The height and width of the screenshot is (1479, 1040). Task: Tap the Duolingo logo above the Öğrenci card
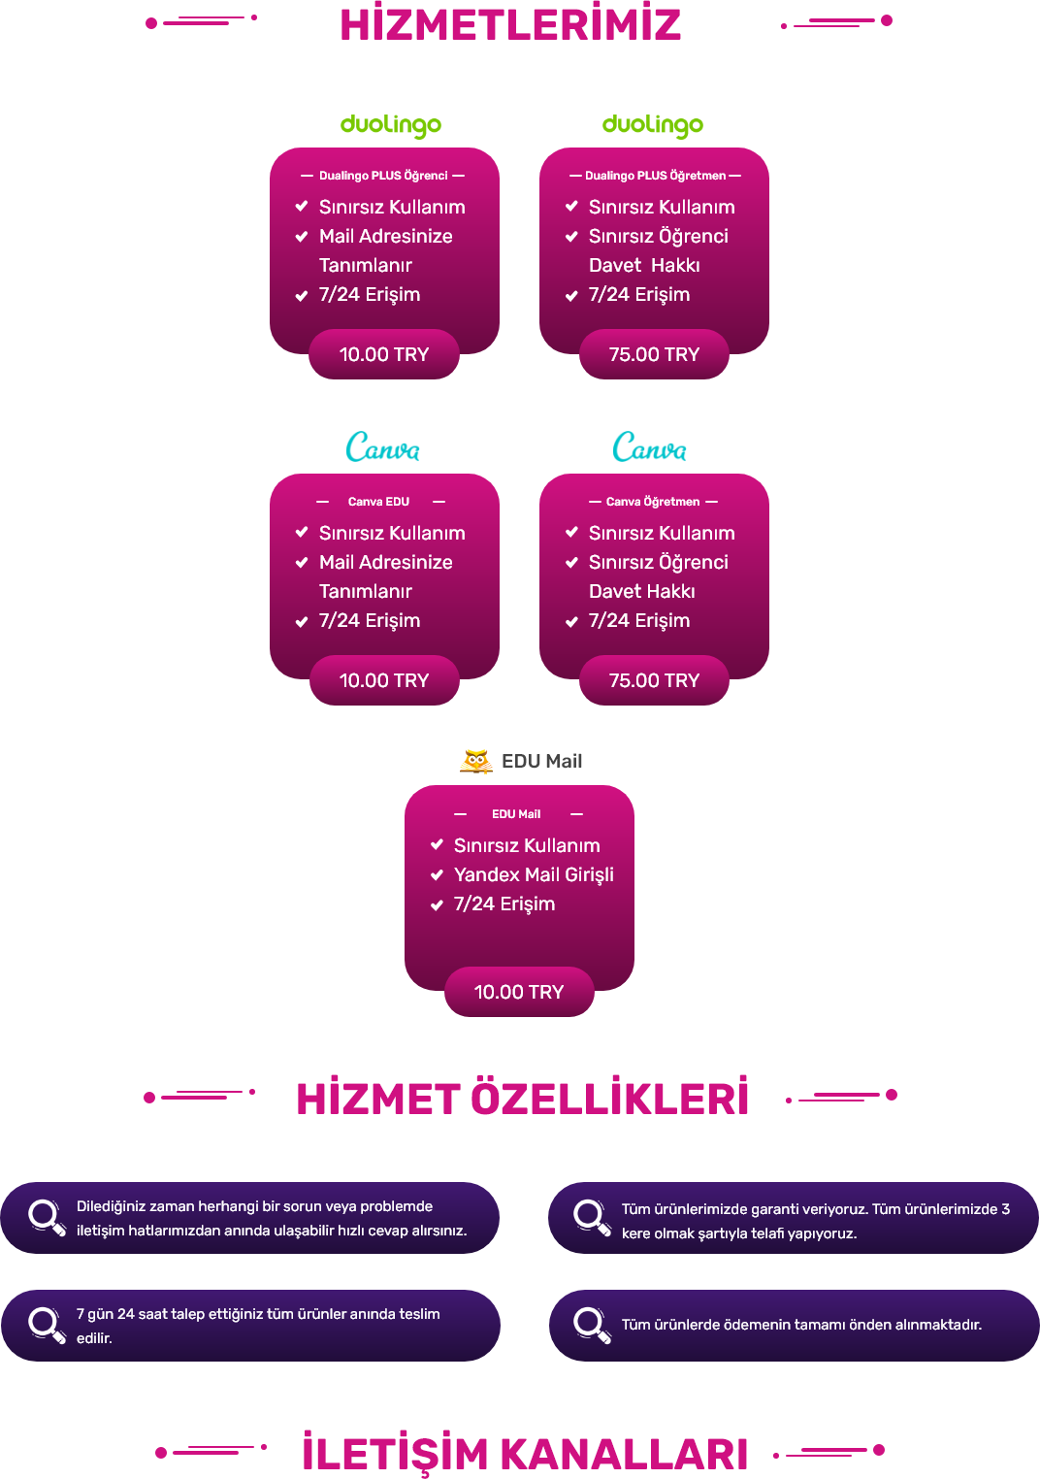point(391,125)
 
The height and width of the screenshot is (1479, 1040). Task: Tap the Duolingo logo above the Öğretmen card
point(653,125)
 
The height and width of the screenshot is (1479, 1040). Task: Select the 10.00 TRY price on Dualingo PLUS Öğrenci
point(384,354)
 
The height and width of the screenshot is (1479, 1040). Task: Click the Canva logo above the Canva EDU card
point(383,447)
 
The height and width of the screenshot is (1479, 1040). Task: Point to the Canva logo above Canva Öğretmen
point(649,447)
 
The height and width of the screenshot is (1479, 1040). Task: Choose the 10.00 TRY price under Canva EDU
point(384,680)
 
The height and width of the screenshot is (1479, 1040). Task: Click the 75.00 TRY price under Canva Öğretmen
point(654,680)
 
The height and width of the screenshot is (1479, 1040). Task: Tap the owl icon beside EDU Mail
point(476,761)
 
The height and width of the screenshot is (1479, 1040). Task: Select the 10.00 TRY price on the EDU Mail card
point(519,993)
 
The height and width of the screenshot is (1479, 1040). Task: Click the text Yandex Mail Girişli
point(534,875)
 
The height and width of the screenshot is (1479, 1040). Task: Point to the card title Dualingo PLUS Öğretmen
point(655,176)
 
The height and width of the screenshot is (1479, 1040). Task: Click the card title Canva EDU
point(378,502)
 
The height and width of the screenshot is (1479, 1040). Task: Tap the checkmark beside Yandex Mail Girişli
point(437,875)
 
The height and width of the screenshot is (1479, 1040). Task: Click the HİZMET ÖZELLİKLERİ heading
point(523,1100)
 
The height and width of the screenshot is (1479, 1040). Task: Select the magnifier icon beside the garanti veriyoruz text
point(591,1217)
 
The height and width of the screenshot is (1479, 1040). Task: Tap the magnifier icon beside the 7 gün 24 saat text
point(47,1325)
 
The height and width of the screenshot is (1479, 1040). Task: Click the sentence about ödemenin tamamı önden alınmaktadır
point(801,1325)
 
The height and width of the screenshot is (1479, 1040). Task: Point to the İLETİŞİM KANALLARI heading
point(525,1453)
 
